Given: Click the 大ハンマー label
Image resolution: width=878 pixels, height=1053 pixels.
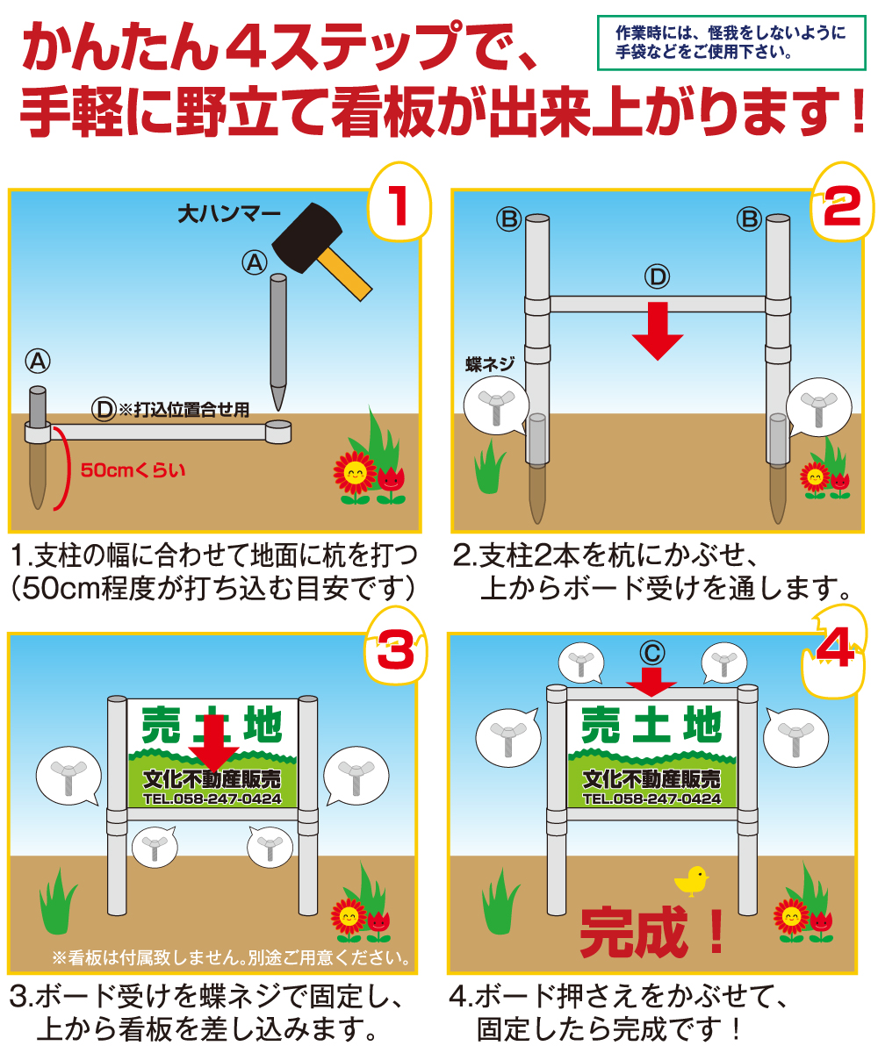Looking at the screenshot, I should click(229, 212).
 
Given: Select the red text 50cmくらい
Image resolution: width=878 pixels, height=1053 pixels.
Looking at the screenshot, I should click(133, 469).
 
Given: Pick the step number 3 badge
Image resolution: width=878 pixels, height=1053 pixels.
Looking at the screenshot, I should click(395, 651).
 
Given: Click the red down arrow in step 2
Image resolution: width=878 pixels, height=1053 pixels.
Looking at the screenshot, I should click(657, 331).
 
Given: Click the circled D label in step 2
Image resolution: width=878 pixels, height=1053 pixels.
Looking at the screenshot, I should click(657, 278).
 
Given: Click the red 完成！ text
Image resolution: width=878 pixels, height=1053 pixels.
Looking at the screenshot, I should click(654, 932).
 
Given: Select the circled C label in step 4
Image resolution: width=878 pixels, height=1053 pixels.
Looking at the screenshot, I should click(651, 652).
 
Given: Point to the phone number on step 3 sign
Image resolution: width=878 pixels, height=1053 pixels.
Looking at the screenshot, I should click(212, 799).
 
